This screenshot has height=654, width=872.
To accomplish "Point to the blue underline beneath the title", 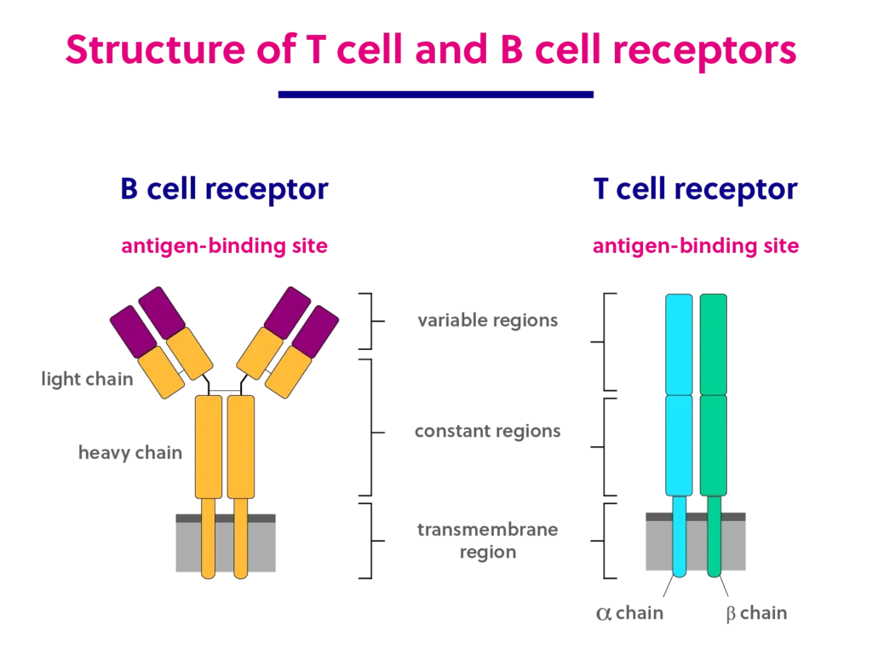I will coord(436,95).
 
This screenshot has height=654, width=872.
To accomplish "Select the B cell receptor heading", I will coord(224,189).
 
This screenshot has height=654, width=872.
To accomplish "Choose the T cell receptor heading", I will coord(696,189).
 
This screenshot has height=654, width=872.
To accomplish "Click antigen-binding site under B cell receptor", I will coord(223,247).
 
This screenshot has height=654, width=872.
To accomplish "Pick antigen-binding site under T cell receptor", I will coord(696,247).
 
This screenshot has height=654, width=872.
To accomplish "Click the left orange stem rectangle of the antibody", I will coord(208,446).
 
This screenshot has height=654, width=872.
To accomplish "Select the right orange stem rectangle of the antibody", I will coord(241,446).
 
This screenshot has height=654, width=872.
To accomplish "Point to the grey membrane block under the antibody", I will coord(183,545).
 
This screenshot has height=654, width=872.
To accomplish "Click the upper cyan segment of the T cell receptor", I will coord(679,344).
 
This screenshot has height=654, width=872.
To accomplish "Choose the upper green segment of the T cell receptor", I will coord(714,344).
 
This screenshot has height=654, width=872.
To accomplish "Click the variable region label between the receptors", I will coord(486,320).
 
